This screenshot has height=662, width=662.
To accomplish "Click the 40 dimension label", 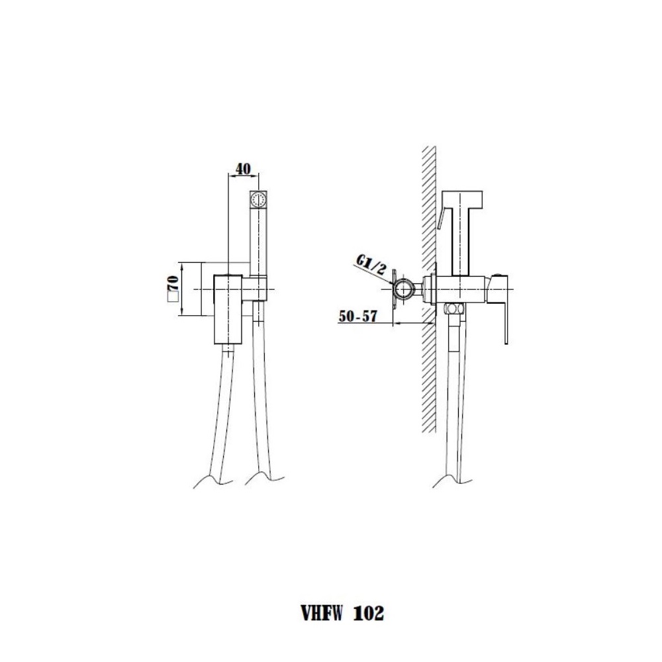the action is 242,169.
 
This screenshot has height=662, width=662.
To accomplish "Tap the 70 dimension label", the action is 173,283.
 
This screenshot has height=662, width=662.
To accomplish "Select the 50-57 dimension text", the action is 357,316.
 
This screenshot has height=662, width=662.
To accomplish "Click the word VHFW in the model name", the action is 321,613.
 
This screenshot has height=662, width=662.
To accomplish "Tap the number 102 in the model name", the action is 368,613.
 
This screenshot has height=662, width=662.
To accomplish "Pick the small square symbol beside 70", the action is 172,297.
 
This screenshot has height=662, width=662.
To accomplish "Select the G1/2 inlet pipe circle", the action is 405,289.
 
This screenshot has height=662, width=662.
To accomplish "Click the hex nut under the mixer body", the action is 453,308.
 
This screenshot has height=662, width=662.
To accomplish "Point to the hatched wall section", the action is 429,289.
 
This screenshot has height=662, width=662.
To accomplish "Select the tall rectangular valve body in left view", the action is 228,308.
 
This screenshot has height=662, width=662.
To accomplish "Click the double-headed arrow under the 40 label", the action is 244,176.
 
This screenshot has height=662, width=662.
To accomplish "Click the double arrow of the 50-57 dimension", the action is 415,324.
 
